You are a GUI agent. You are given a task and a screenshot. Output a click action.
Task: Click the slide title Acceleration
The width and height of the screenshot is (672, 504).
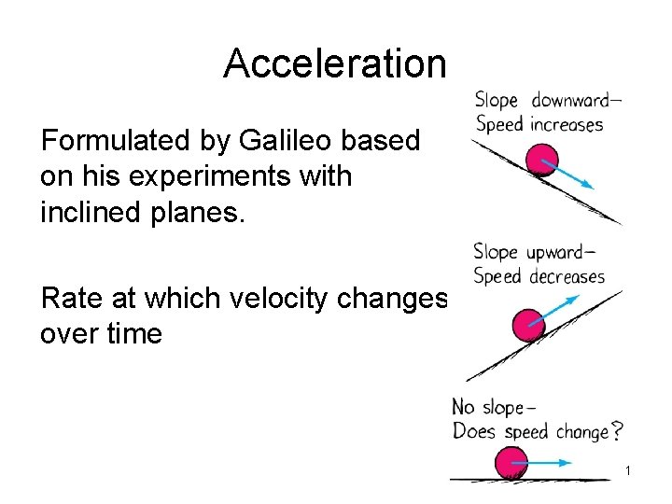pos(335,63)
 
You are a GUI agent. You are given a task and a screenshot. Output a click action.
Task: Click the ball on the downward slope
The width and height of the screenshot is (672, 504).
pos(541,160)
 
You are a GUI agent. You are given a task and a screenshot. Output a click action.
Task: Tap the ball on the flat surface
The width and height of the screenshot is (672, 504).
pos(511,463)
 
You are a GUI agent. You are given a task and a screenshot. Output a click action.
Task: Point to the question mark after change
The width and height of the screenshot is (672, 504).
pos(616,431)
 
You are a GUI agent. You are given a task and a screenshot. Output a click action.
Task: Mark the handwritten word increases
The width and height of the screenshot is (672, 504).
pos(567,124)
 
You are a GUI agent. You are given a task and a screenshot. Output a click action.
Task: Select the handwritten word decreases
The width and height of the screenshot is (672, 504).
pos(567,276)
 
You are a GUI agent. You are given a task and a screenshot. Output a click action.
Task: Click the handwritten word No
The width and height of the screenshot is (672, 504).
pos(463,408)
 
